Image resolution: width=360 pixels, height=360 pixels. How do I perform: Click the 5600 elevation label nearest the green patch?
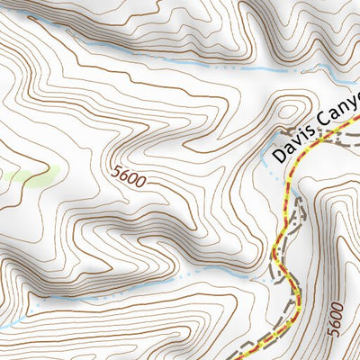tap(130, 176)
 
